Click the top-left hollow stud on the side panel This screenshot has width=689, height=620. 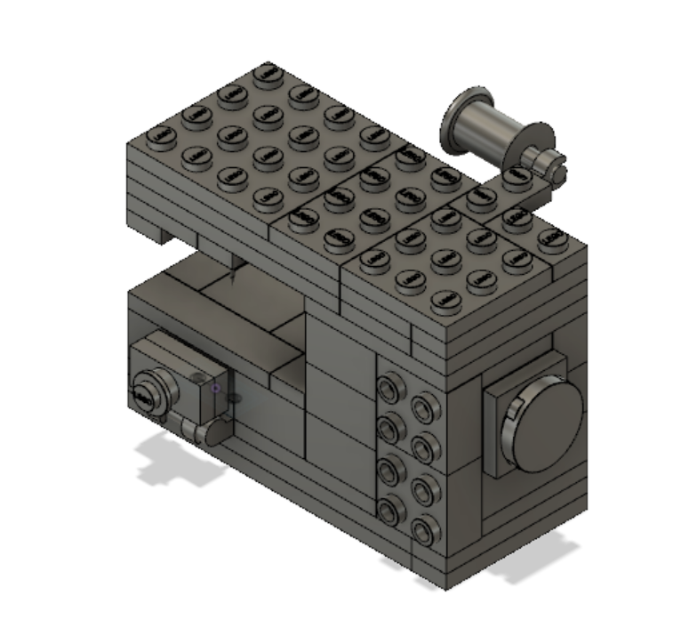point(389,388)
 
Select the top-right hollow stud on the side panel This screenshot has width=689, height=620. point(421,408)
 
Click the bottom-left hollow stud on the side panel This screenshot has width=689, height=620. point(389,510)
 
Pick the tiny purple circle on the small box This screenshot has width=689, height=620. point(215,388)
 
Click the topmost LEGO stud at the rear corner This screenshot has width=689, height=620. point(264,76)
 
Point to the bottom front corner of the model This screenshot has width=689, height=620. point(445,587)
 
